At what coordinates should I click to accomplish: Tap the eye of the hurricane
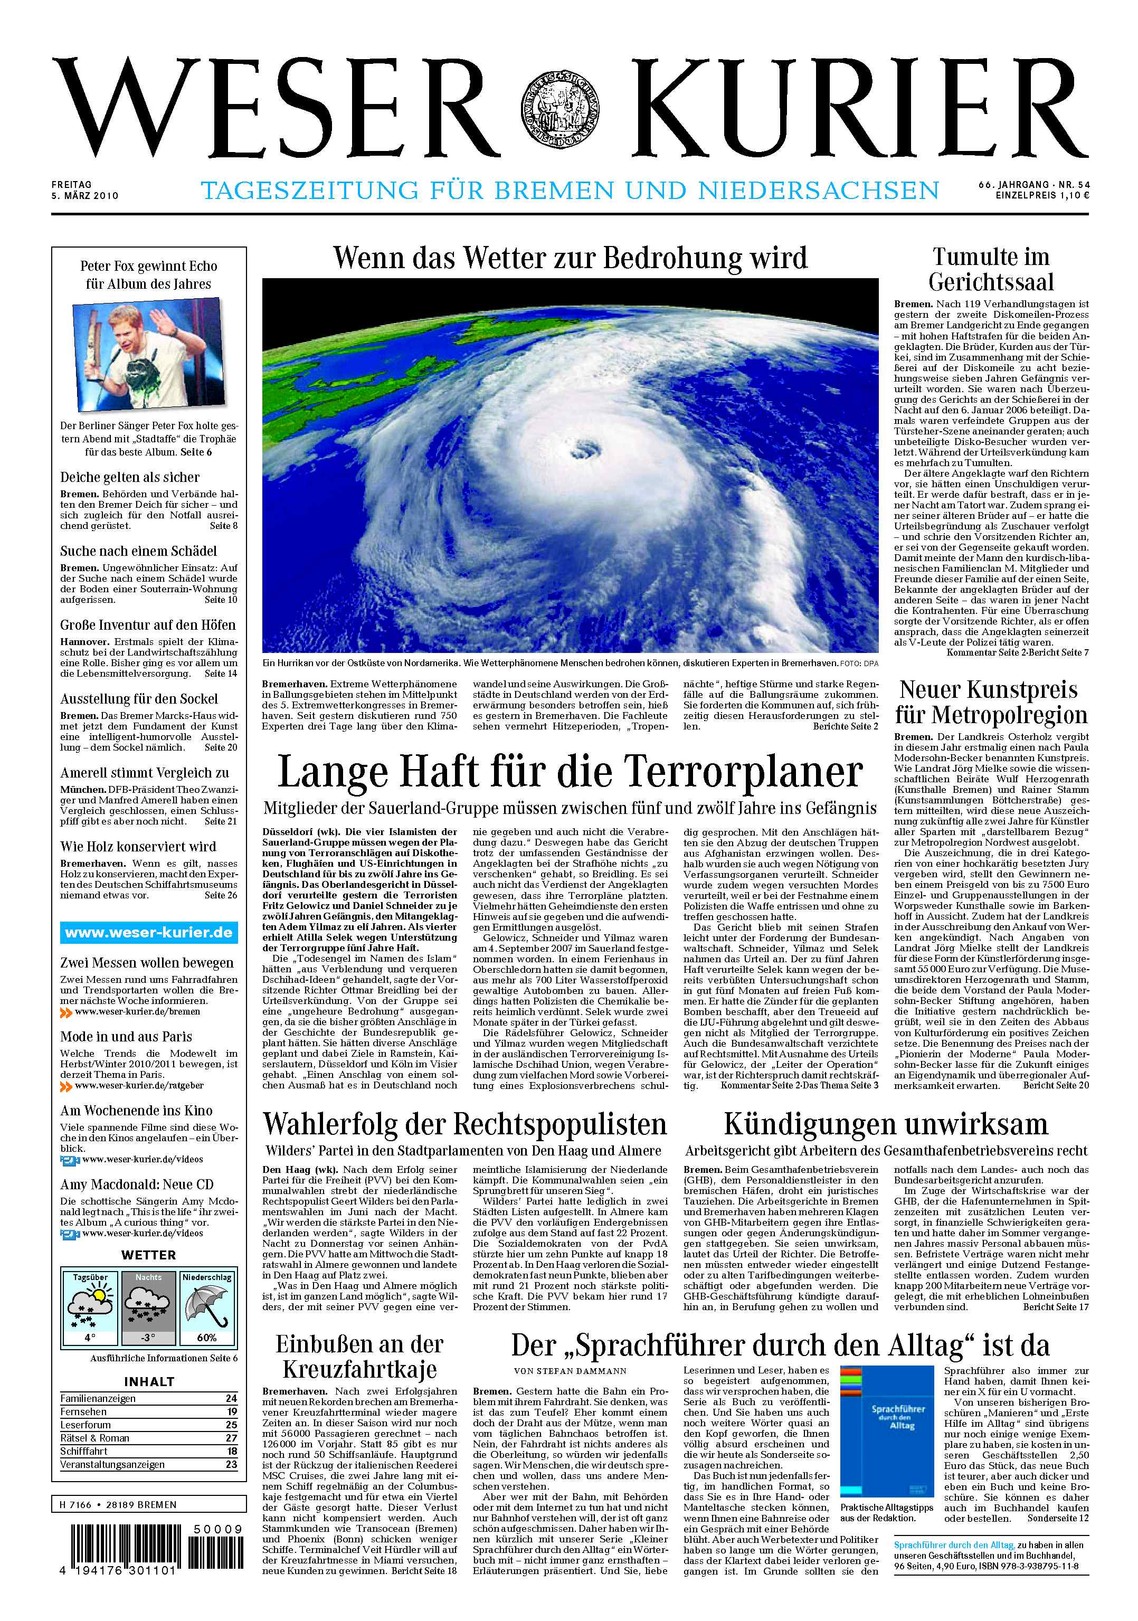pos(584,447)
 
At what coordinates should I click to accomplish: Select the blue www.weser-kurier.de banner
pos(148,932)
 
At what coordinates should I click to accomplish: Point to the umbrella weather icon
pos(206,1305)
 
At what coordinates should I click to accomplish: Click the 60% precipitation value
pos(206,1337)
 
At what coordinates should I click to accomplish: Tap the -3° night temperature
pos(148,1337)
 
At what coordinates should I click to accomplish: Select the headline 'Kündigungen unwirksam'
pos(885,1123)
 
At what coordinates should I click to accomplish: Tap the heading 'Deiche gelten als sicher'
pos(130,477)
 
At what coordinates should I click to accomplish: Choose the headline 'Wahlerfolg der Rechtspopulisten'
pos(464,1123)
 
